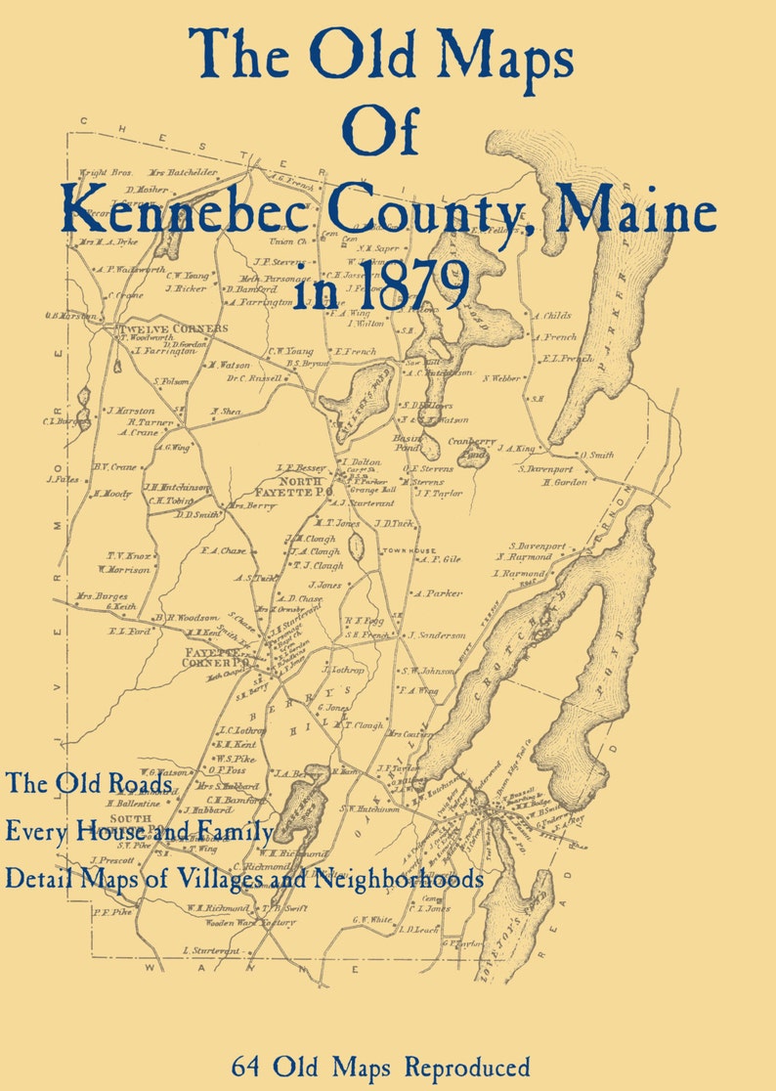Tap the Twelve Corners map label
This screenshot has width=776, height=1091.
pyautogui.click(x=173, y=329)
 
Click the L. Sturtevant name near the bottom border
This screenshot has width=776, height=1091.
pyautogui.click(x=211, y=950)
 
